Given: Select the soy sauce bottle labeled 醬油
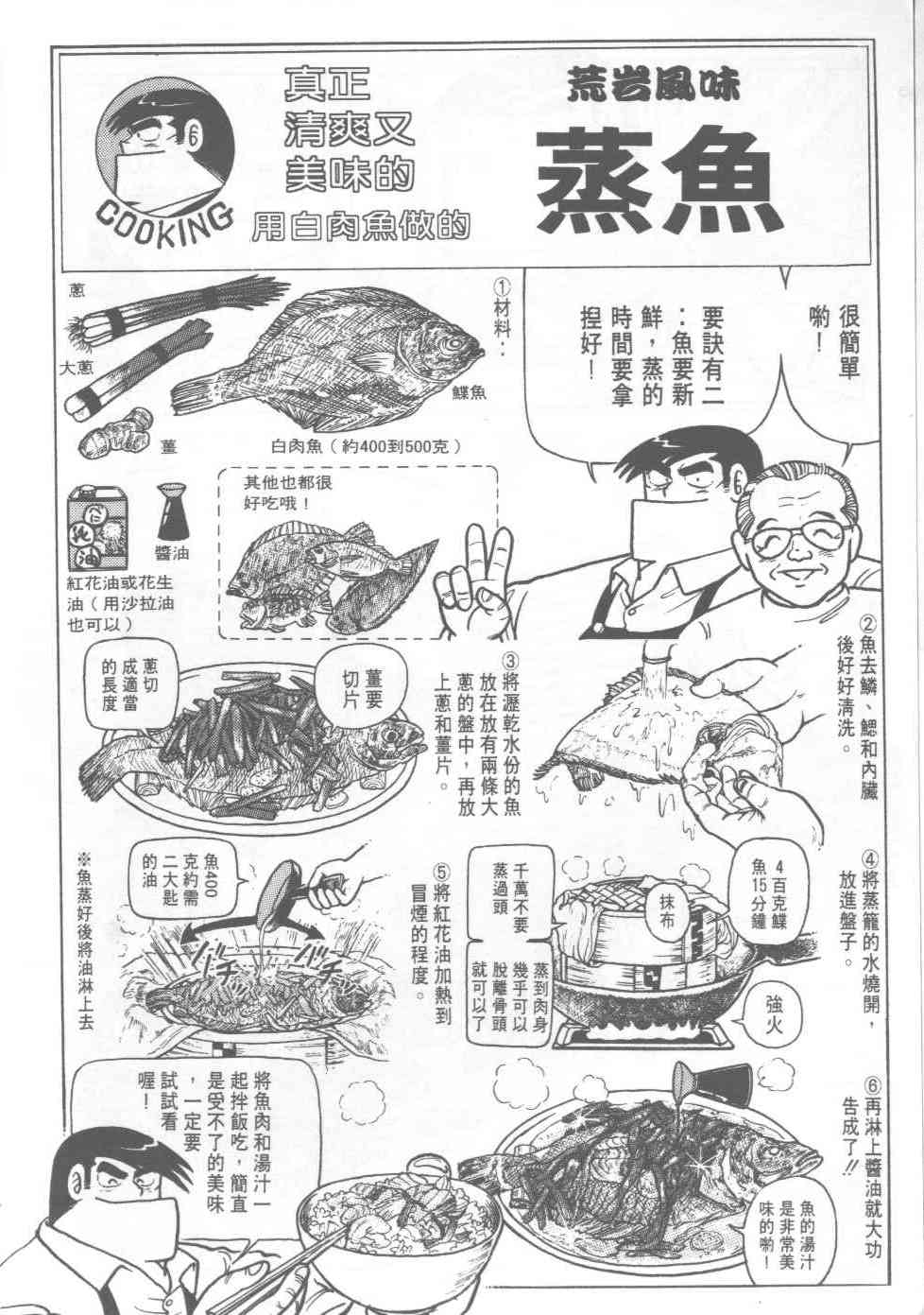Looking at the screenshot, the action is coord(172,511).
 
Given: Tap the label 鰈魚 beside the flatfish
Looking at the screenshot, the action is coord(469,392).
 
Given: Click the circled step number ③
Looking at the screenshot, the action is coord(511,661).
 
